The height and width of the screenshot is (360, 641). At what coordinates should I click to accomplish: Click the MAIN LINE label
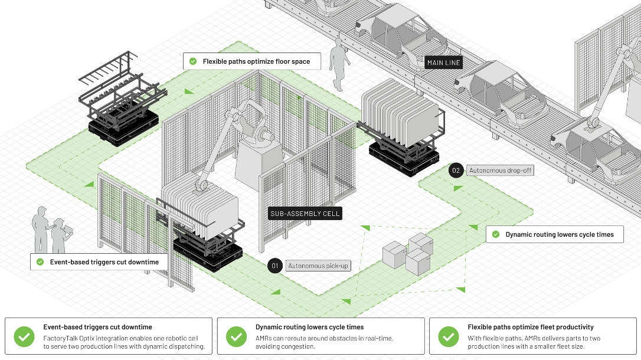443,63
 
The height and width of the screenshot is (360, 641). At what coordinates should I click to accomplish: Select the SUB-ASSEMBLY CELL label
305,213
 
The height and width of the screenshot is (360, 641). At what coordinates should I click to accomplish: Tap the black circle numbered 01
274,266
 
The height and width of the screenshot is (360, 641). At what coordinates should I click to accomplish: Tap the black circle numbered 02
456,171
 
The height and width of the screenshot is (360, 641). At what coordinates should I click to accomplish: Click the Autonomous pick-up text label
318,266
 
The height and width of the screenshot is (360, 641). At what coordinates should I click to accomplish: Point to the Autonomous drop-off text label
501,171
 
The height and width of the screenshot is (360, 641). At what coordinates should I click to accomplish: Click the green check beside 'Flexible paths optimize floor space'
193,61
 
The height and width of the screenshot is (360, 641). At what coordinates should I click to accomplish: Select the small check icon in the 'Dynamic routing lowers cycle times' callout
495,234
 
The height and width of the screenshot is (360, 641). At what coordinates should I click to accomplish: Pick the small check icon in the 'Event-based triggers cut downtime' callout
40,262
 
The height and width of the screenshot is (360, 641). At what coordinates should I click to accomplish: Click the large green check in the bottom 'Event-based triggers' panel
24,336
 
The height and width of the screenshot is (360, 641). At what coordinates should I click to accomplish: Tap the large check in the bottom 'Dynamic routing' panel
236,336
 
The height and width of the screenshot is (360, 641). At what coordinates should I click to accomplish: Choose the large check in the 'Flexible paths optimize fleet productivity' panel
449,336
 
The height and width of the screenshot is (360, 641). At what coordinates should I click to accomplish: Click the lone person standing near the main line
339,64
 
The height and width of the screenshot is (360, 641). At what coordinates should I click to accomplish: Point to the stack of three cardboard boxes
408,253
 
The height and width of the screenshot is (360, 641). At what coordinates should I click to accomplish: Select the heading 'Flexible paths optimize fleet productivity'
531,327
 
